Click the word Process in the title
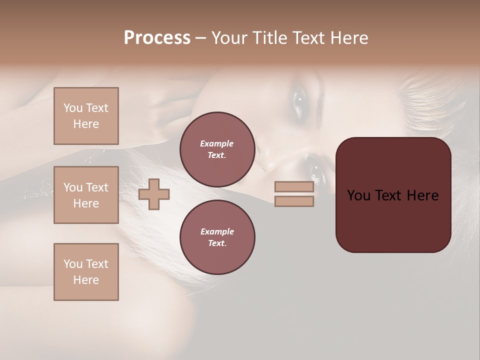click(x=157, y=38)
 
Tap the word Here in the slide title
click(x=348, y=38)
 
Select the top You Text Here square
click(x=86, y=116)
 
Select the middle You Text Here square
click(x=86, y=195)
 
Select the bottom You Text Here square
click(x=86, y=272)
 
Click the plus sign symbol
click(x=154, y=194)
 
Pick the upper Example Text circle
click(x=217, y=149)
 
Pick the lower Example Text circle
click(x=217, y=237)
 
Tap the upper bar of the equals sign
click(x=294, y=187)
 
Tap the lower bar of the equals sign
click(x=294, y=201)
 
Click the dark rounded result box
click(x=393, y=220)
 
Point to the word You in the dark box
click(x=358, y=195)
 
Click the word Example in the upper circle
click(x=216, y=143)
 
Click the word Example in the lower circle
click(x=217, y=231)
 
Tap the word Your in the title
click(x=228, y=38)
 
